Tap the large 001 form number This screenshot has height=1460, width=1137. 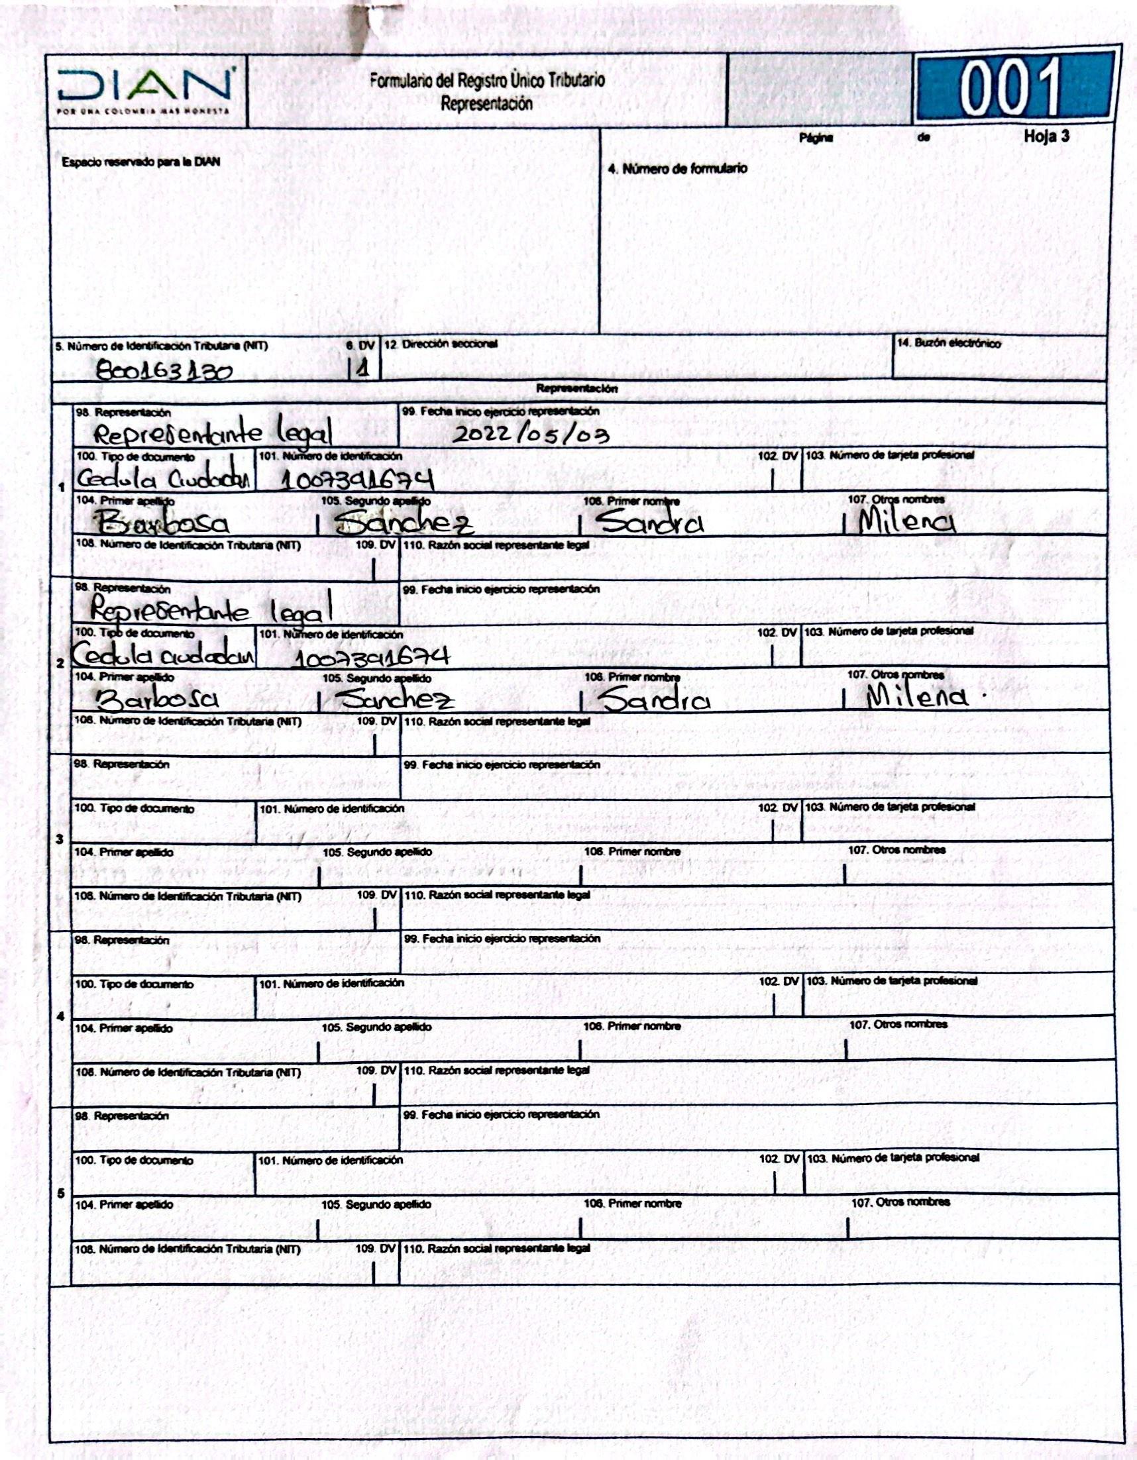1010,87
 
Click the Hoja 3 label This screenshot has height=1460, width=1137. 1046,136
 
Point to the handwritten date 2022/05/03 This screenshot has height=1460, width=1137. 531,435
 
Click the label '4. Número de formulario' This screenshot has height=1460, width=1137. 678,168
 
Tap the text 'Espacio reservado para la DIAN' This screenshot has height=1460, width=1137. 140,162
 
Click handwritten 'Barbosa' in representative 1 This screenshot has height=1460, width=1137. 164,523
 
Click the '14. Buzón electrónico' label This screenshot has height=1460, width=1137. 949,344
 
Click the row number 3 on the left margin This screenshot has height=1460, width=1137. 60,840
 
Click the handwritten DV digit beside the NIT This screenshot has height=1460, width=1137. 362,369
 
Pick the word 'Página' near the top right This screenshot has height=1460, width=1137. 815,138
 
